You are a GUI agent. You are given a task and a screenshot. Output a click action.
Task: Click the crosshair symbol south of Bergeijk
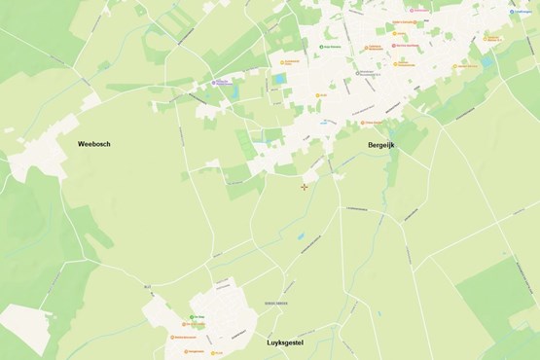tap(305, 187)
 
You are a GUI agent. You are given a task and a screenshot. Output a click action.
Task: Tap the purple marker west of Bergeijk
tap(215, 83)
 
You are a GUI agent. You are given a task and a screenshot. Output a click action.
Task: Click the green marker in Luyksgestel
tap(192, 317)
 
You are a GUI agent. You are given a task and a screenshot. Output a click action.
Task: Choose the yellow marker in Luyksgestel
tap(210, 352)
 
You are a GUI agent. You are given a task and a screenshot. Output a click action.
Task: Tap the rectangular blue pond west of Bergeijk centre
tap(280, 77)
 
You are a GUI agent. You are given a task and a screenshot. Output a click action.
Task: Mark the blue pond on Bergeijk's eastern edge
tap(486, 61)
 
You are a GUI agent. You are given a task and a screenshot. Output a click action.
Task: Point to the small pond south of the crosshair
tap(301, 235)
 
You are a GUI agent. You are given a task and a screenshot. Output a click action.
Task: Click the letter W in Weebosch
tap(82, 144)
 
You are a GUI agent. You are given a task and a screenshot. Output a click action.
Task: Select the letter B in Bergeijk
tap(371, 145)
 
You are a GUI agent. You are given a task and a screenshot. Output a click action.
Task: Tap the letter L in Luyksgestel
tap(270, 342)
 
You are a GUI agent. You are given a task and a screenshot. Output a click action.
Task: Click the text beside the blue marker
tap(524, 12)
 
